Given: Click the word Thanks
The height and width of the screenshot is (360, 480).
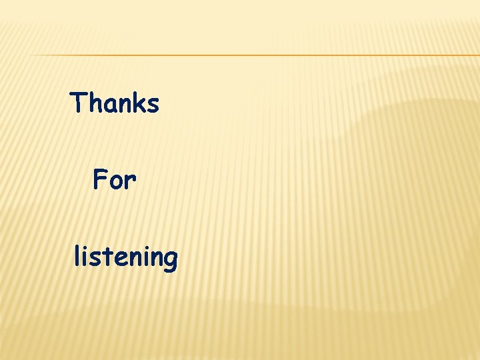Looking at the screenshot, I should (x=115, y=103).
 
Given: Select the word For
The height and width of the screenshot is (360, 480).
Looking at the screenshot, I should (x=115, y=179).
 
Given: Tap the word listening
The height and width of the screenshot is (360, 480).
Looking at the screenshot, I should (x=125, y=257).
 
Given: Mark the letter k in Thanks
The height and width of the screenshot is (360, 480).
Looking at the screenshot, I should (x=139, y=103).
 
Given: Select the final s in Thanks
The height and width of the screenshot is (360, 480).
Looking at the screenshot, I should (x=153, y=106).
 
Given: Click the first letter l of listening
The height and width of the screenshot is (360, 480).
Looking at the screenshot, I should (x=77, y=255).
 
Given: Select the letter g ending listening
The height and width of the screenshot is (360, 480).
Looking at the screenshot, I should (x=171, y=260).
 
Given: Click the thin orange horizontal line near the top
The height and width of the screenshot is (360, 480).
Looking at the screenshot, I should (x=253, y=55).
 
